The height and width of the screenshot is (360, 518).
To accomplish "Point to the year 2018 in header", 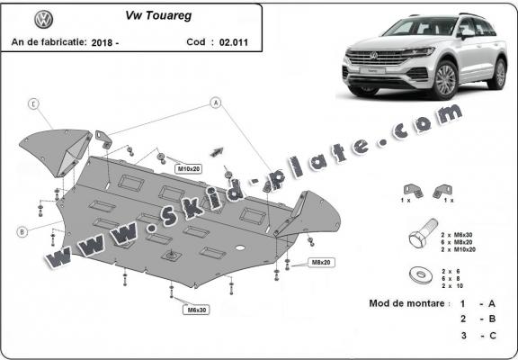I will click(103, 41).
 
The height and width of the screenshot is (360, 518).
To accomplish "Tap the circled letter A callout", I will click(217, 103).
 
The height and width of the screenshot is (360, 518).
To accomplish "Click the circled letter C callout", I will click(32, 104).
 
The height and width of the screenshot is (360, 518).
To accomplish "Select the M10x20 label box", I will click(187, 168).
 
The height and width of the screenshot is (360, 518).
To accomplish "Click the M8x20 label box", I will click(321, 262).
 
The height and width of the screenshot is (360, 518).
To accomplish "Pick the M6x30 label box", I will click(197, 310).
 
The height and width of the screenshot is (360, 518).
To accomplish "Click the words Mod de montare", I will click(407, 303).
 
